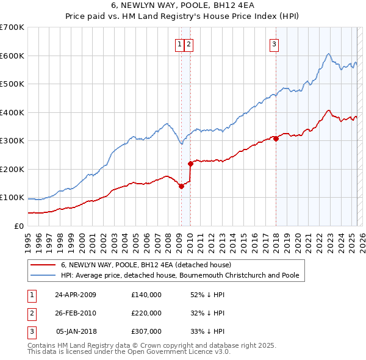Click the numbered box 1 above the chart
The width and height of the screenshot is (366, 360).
pyautogui.click(x=181, y=44)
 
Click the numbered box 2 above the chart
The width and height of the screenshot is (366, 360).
pyautogui.click(x=189, y=44)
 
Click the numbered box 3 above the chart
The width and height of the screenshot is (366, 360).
pyautogui.click(x=274, y=44)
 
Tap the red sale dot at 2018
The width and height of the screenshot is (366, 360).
pyautogui.click(x=276, y=139)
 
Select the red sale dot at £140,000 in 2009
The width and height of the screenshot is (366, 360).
pyautogui.click(x=181, y=186)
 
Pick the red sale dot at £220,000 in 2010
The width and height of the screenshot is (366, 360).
pyautogui.click(x=190, y=164)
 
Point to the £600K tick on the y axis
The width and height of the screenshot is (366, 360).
pyautogui.click(x=12, y=56)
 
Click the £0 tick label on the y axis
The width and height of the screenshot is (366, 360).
pyautogui.click(x=20, y=226)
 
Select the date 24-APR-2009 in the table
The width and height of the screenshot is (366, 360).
pyautogui.click(x=76, y=295)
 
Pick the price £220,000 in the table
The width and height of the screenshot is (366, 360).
pyautogui.click(x=146, y=313)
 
